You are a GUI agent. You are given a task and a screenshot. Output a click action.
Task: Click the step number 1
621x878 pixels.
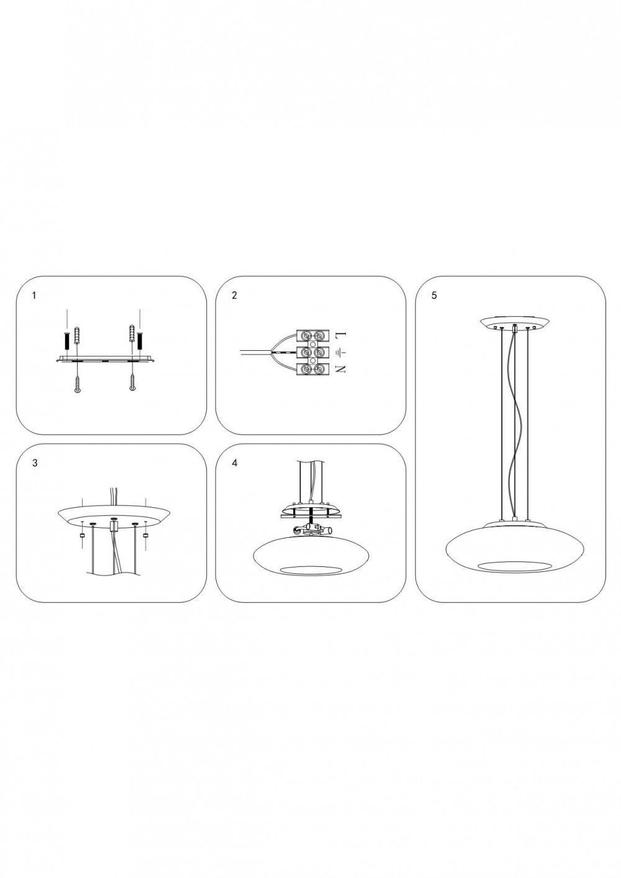coord(34,296)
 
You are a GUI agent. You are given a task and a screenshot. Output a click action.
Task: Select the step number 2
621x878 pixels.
coord(235,296)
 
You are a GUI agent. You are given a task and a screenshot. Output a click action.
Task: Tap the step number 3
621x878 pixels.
coord(35,463)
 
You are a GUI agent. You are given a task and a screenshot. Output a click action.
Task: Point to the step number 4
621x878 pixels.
coord(235,463)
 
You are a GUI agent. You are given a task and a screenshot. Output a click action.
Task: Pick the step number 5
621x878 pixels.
coord(434,296)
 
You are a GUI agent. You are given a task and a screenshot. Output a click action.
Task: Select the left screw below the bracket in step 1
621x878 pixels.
coord(78,385)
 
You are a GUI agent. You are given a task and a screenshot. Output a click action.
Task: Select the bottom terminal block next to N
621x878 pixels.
coord(312,369)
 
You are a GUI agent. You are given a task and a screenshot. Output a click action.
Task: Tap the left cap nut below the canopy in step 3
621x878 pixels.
coord(83,535)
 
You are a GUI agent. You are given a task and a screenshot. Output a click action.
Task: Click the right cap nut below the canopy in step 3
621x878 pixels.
coord(146,535)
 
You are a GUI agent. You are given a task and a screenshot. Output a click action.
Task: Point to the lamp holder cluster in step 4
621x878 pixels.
coord(310,530)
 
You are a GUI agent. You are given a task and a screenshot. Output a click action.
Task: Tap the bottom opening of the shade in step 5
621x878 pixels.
coord(514,566)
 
